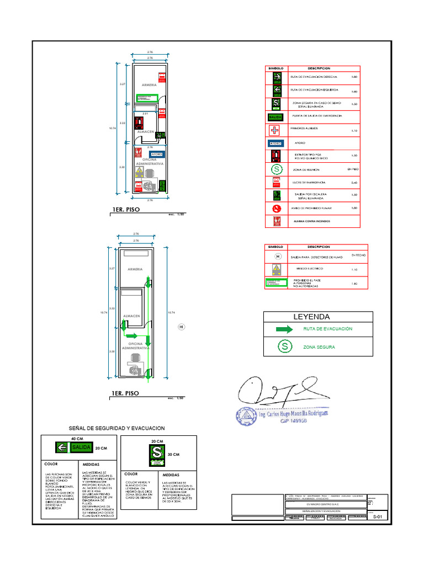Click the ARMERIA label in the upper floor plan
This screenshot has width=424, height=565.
point(149,86)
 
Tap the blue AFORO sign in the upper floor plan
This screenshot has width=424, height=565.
point(156,154)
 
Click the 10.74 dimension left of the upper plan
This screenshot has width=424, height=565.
point(112,128)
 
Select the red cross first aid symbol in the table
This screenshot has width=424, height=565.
point(275,131)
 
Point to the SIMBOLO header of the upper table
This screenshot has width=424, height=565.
point(275,68)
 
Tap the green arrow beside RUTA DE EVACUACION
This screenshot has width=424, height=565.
point(284,329)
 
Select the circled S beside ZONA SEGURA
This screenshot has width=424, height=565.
point(284,347)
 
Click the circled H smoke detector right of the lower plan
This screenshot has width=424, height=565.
point(180,327)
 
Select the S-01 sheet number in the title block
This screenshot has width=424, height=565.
point(377,517)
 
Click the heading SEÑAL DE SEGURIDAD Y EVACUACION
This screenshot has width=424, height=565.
point(116,428)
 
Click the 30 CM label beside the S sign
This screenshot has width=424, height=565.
point(174,454)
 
